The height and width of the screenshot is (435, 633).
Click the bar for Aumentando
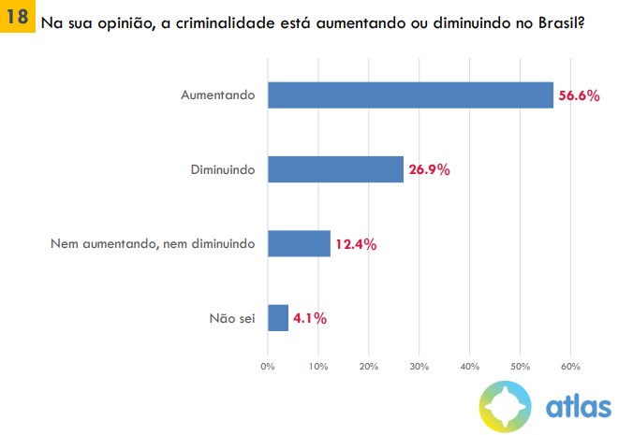point(410,95)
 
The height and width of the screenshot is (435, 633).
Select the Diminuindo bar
point(335,169)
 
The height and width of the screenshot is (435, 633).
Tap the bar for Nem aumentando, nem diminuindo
point(299,244)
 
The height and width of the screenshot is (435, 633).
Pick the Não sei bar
point(278,318)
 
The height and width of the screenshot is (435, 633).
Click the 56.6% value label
point(579,95)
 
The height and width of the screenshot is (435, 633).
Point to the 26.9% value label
point(429,169)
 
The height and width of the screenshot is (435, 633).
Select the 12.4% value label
point(356,244)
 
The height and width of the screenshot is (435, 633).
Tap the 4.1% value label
point(310,318)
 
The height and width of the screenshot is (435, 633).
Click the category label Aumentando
point(218,95)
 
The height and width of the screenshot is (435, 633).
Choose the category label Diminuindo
point(222,169)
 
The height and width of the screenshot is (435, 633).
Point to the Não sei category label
point(232,318)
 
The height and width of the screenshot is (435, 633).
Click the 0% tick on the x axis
point(268,365)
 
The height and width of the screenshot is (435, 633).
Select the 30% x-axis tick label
point(420,365)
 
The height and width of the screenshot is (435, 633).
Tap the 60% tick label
point(571,365)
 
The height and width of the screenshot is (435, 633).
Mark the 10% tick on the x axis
point(318,365)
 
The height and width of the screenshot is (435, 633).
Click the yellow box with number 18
point(17,18)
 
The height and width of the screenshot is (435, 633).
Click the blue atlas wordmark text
point(578,407)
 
